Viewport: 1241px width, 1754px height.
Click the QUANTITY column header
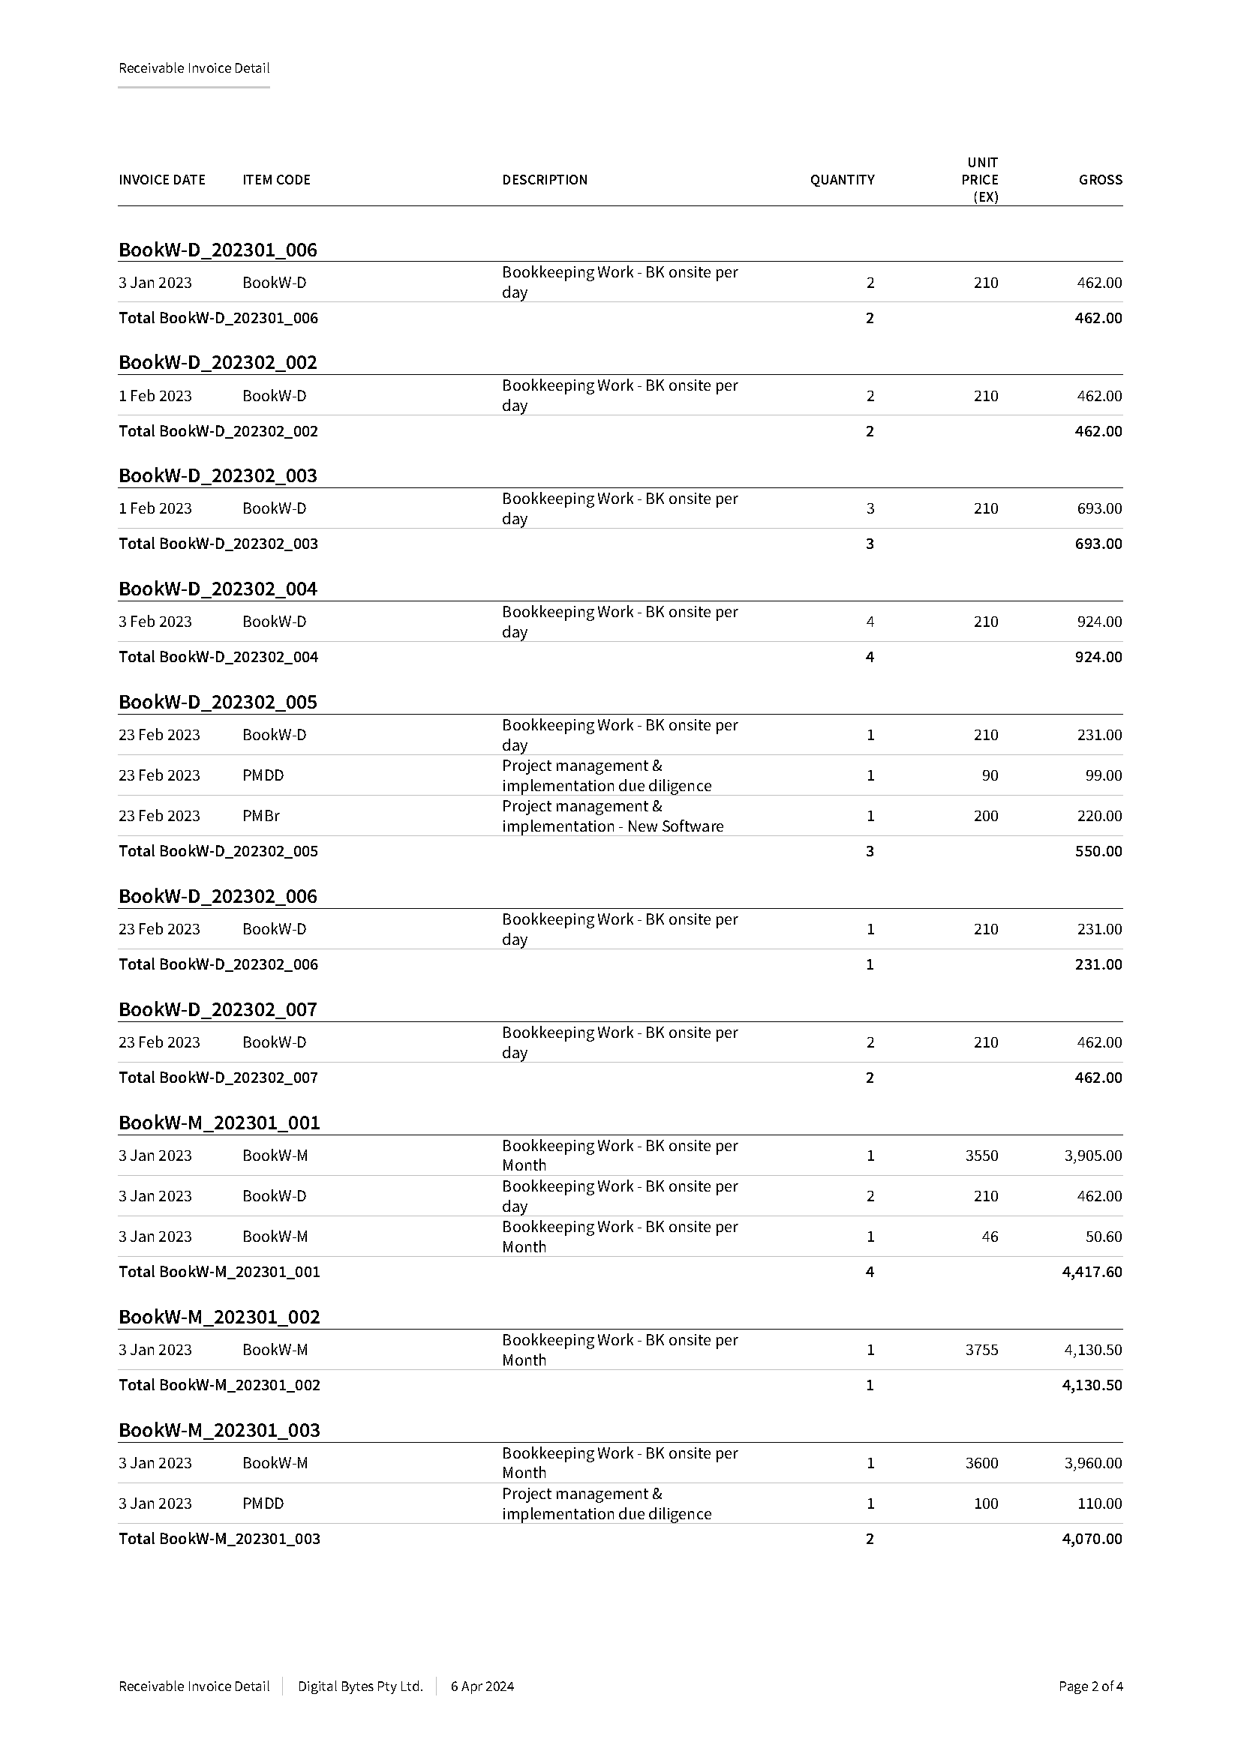point(842,180)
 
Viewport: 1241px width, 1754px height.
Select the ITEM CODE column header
point(276,180)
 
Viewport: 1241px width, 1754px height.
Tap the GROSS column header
point(1100,180)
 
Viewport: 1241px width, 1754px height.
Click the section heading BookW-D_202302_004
point(218,589)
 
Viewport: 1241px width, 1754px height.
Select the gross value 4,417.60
point(1091,1272)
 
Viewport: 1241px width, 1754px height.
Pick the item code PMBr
point(260,816)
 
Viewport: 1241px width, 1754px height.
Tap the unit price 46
point(989,1237)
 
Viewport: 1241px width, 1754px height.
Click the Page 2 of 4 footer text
point(1089,1686)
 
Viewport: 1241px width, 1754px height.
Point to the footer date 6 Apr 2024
point(482,1686)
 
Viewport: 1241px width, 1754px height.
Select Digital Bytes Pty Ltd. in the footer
point(360,1686)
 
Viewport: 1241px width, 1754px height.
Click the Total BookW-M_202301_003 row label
point(219,1539)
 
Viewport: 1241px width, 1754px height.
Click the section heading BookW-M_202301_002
point(219,1317)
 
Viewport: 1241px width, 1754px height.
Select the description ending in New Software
point(612,816)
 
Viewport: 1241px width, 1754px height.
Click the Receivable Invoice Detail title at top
point(194,68)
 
